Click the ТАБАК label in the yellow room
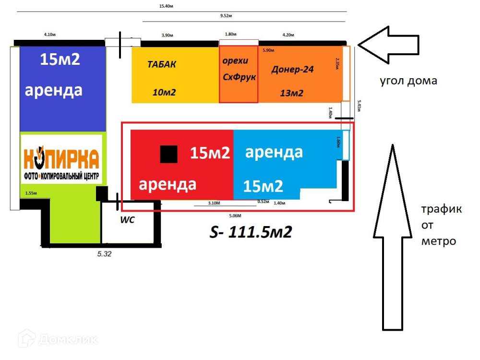point(162,64)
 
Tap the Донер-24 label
point(292,69)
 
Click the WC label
point(127,220)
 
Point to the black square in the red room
point(168,154)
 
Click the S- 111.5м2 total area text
point(251,232)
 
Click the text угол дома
point(408,81)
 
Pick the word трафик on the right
point(442,209)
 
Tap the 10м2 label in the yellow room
point(164,92)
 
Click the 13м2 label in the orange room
point(291,93)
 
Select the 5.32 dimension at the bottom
point(104,254)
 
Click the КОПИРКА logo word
point(61,157)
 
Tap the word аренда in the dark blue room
point(53,90)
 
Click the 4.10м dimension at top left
point(50,35)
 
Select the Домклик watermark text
point(68,339)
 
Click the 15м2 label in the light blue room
point(263,186)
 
